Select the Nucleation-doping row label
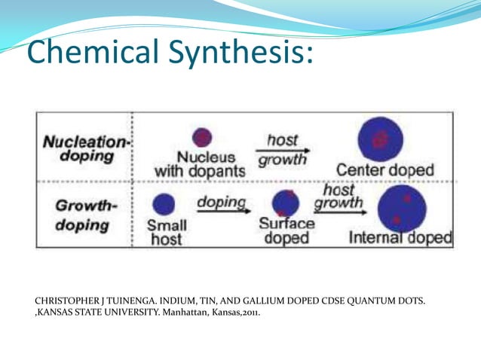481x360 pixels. pyautogui.click(x=84, y=148)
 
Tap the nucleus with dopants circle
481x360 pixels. pyautogui.click(x=202, y=137)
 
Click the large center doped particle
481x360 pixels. pyautogui.click(x=381, y=138)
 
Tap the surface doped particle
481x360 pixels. pyautogui.click(x=284, y=203)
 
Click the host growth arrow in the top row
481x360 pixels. pyautogui.click(x=283, y=150)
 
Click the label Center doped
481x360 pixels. pyautogui.click(x=385, y=170)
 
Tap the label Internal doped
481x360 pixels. pyautogui.click(x=400, y=239)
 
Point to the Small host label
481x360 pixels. pyautogui.click(x=167, y=232)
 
